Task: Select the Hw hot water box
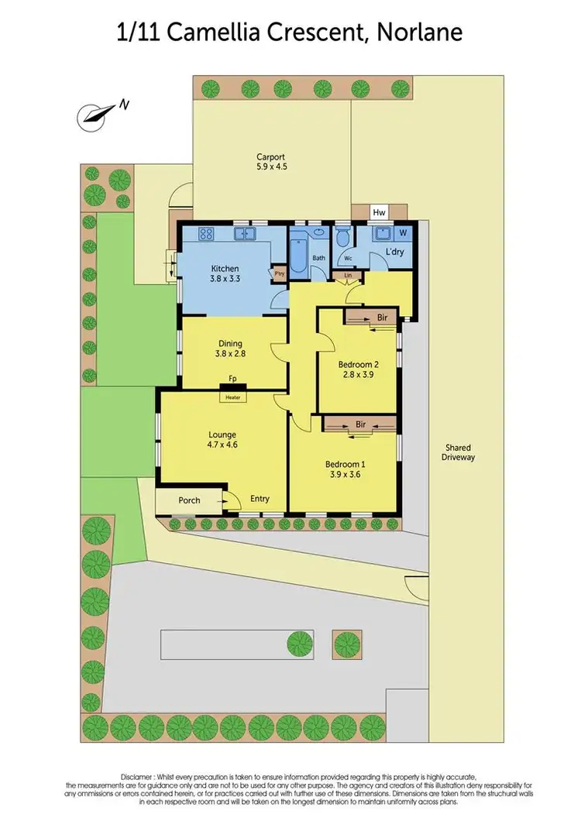pos(380,212)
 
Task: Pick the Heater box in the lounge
pos(233,397)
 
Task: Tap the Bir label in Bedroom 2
pos(381,318)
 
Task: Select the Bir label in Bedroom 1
pos(361,424)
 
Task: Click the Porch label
pos(190,500)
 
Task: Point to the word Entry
pos(260,499)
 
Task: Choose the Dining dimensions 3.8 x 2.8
pos(230,355)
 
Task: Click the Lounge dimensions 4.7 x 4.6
pos(222,445)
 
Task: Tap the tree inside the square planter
pos(346,643)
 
